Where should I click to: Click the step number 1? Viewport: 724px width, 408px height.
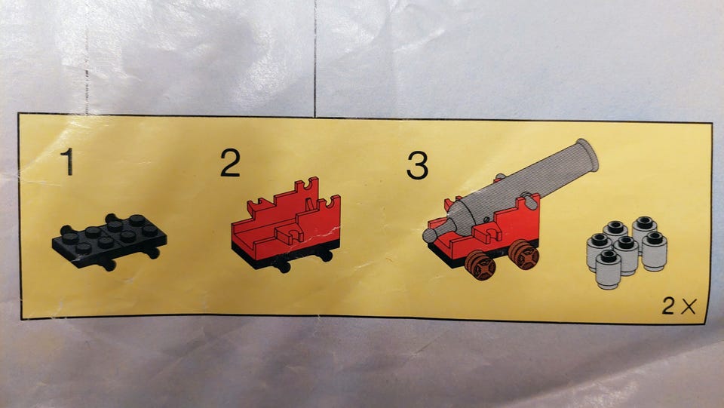[x=69, y=161]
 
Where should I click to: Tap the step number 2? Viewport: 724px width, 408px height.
[x=231, y=162]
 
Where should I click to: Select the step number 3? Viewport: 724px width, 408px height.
[x=417, y=166]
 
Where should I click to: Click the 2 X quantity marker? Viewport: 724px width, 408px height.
[x=679, y=305]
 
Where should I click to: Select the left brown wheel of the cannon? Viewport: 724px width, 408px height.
[x=480, y=265]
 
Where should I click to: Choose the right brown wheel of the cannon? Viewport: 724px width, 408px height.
[x=523, y=254]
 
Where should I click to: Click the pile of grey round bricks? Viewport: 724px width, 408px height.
[x=627, y=252]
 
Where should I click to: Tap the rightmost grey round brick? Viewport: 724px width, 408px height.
[x=655, y=251]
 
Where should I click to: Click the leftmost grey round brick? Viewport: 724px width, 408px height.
[x=599, y=252]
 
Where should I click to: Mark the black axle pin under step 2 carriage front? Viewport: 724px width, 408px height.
[x=283, y=266]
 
